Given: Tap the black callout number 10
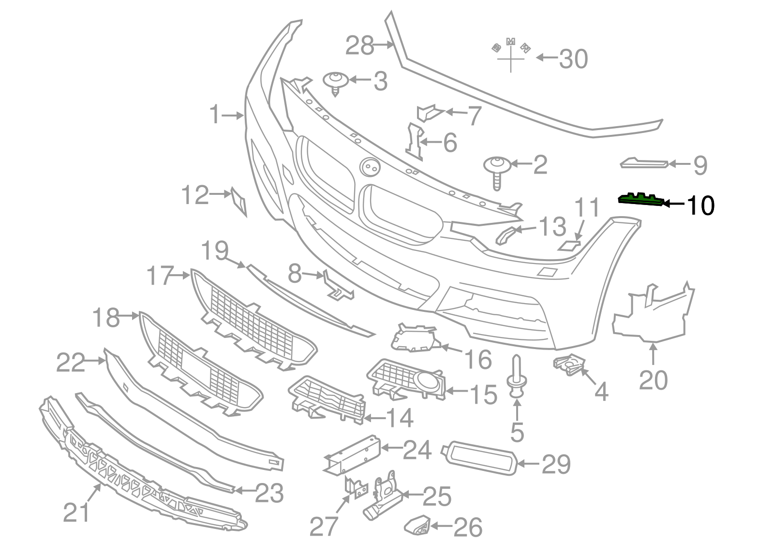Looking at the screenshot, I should (x=700, y=205).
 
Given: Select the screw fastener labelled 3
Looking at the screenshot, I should (x=336, y=83).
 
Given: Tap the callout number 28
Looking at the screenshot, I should (x=359, y=46).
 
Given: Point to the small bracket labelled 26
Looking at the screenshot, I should (x=417, y=525).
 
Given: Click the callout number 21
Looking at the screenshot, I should (x=76, y=512).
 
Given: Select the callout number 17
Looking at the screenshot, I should (x=160, y=276).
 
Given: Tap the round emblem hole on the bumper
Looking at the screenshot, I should (x=371, y=167).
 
